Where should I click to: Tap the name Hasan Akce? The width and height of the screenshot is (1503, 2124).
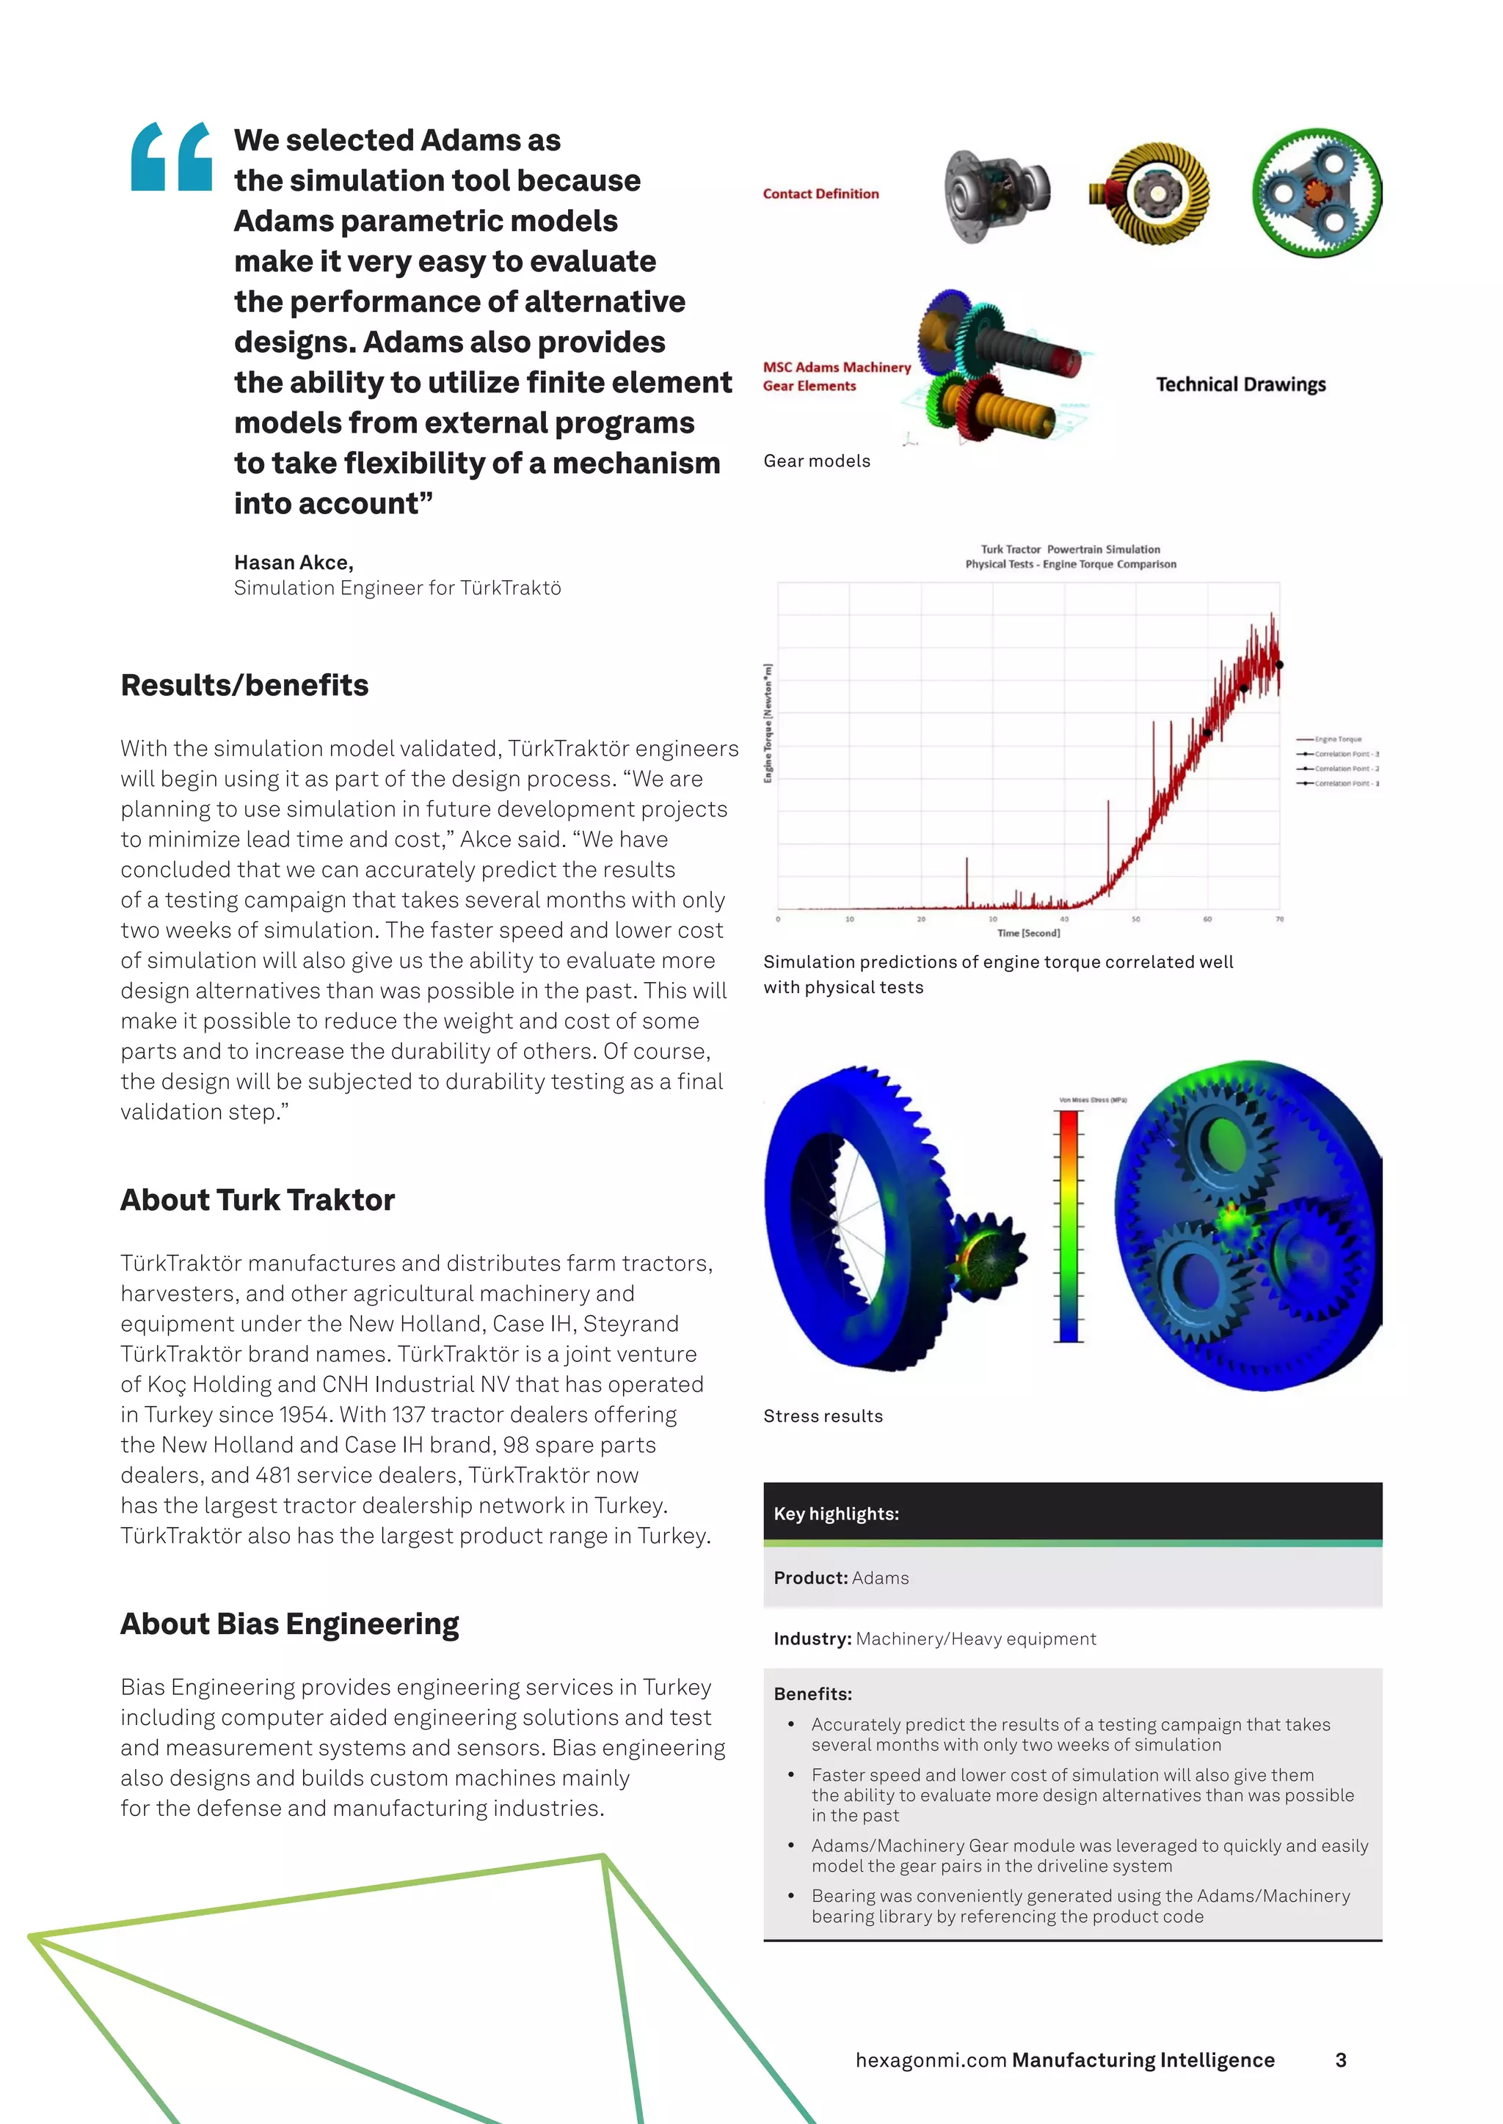293,563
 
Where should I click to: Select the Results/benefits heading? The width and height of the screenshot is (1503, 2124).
244,686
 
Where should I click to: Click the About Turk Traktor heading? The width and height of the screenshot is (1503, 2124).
258,1200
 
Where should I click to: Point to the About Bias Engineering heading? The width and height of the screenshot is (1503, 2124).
290,1624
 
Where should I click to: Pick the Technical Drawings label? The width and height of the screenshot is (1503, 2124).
1240,385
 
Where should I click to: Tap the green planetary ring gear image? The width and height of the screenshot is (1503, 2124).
1316,194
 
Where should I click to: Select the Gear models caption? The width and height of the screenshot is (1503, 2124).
816,461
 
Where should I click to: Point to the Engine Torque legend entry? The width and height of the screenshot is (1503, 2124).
1337,739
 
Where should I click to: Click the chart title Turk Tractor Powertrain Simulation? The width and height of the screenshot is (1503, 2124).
1070,549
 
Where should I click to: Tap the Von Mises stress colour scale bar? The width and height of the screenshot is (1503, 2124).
1069,1225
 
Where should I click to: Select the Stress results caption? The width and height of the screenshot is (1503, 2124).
823,1416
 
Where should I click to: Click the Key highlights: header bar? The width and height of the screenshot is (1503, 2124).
1071,1514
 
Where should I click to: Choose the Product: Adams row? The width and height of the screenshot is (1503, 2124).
1071,1578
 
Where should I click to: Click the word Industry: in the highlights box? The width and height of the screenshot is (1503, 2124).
812,1639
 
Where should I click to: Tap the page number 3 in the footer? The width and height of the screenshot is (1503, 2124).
1340,2060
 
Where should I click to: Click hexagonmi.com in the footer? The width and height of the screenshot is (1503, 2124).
930,2060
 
